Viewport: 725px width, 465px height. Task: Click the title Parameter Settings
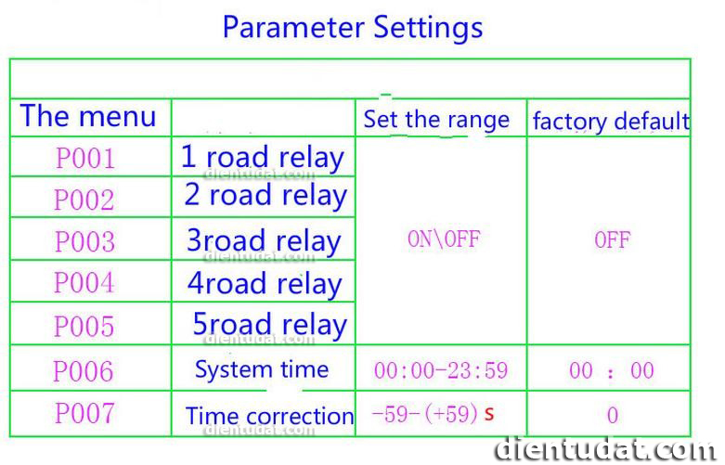tap(353, 29)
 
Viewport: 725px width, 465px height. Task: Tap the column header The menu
tap(88, 116)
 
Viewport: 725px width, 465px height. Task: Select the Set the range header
tap(436, 119)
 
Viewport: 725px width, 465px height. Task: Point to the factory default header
tap(611, 121)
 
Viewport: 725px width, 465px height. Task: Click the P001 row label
tap(85, 158)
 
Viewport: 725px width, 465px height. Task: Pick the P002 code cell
tap(84, 200)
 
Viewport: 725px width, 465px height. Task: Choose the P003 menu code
tap(84, 240)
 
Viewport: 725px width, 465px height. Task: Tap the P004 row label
tap(84, 282)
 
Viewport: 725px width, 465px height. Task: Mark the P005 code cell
tap(84, 326)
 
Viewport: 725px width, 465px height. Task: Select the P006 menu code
tap(84, 370)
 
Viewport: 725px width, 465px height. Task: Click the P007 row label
tap(84, 413)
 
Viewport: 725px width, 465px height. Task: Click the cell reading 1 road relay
tap(263, 158)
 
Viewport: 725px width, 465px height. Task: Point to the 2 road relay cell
tap(265, 196)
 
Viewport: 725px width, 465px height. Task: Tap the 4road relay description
tap(265, 284)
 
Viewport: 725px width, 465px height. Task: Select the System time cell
tap(262, 369)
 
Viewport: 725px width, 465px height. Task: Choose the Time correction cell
tap(269, 416)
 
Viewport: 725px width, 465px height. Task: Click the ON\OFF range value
tap(444, 239)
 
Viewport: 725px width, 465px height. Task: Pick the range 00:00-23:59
tap(441, 370)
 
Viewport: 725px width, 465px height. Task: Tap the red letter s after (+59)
tap(489, 413)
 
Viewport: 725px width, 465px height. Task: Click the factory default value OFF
tap(613, 239)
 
